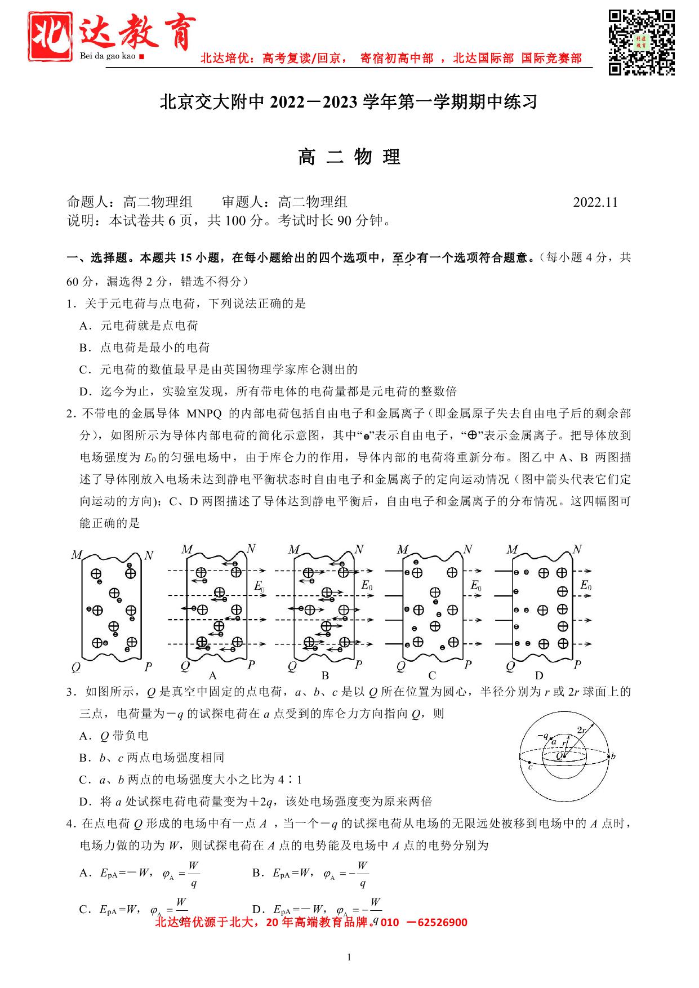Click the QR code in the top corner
pyautogui.click(x=642, y=42)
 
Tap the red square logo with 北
pyautogui.click(x=51, y=37)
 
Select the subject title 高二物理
pyautogui.click(x=349, y=157)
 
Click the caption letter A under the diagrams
pyautogui.click(x=212, y=675)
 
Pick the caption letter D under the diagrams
pyautogui.click(x=539, y=675)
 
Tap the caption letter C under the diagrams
pyautogui.click(x=432, y=675)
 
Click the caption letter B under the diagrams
pyautogui.click(x=325, y=675)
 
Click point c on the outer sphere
pyautogui.click(x=530, y=766)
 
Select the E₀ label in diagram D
pyautogui.click(x=586, y=585)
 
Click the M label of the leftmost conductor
pyautogui.click(x=77, y=555)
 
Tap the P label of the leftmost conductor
pyautogui.click(x=148, y=667)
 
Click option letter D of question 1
pyautogui.click(x=84, y=391)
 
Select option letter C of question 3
pyautogui.click(x=84, y=780)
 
